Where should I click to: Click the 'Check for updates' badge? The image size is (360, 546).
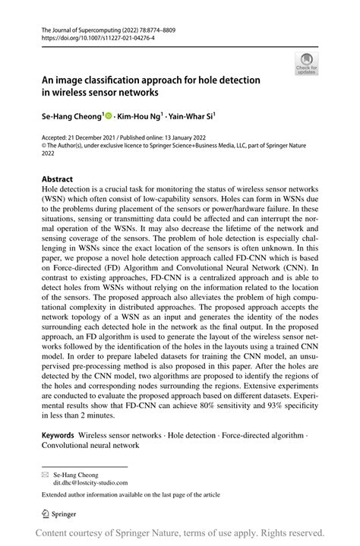(307, 65)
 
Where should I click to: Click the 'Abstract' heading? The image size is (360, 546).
(58, 180)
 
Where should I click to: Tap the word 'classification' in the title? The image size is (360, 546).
(125, 80)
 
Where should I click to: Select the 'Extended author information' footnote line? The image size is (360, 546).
(131, 494)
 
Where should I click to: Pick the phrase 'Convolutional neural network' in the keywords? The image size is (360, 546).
(90, 446)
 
